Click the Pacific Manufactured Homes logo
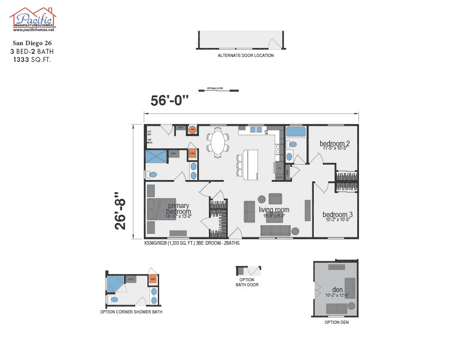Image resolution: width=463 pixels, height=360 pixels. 33,19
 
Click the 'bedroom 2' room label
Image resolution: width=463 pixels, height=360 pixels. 335,144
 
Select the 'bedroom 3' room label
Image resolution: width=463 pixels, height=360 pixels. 337,214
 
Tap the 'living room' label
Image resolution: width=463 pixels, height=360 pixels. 274,209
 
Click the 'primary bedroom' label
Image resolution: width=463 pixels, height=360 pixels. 179,208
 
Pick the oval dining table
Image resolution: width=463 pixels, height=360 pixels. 218,142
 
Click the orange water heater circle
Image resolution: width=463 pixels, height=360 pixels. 192,129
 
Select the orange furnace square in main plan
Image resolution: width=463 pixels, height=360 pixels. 192,153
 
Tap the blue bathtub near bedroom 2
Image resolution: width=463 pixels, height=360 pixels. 296,132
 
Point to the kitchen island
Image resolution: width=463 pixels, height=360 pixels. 250,164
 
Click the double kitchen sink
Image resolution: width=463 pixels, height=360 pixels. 256,130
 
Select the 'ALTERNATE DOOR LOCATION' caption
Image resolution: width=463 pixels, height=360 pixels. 246,56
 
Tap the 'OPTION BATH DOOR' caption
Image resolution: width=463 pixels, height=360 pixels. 247,282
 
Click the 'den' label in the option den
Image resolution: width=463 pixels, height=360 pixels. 337,289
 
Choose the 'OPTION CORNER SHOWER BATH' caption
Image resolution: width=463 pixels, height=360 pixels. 131,312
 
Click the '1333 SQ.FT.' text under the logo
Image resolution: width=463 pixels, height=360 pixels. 32,59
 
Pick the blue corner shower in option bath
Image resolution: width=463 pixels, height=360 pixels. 115,284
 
